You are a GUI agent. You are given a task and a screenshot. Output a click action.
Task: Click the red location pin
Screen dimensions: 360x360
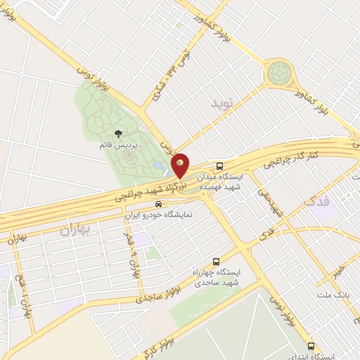click(x=181, y=165)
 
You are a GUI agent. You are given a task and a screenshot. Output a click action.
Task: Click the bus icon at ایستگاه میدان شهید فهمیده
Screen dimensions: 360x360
click(x=221, y=167)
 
